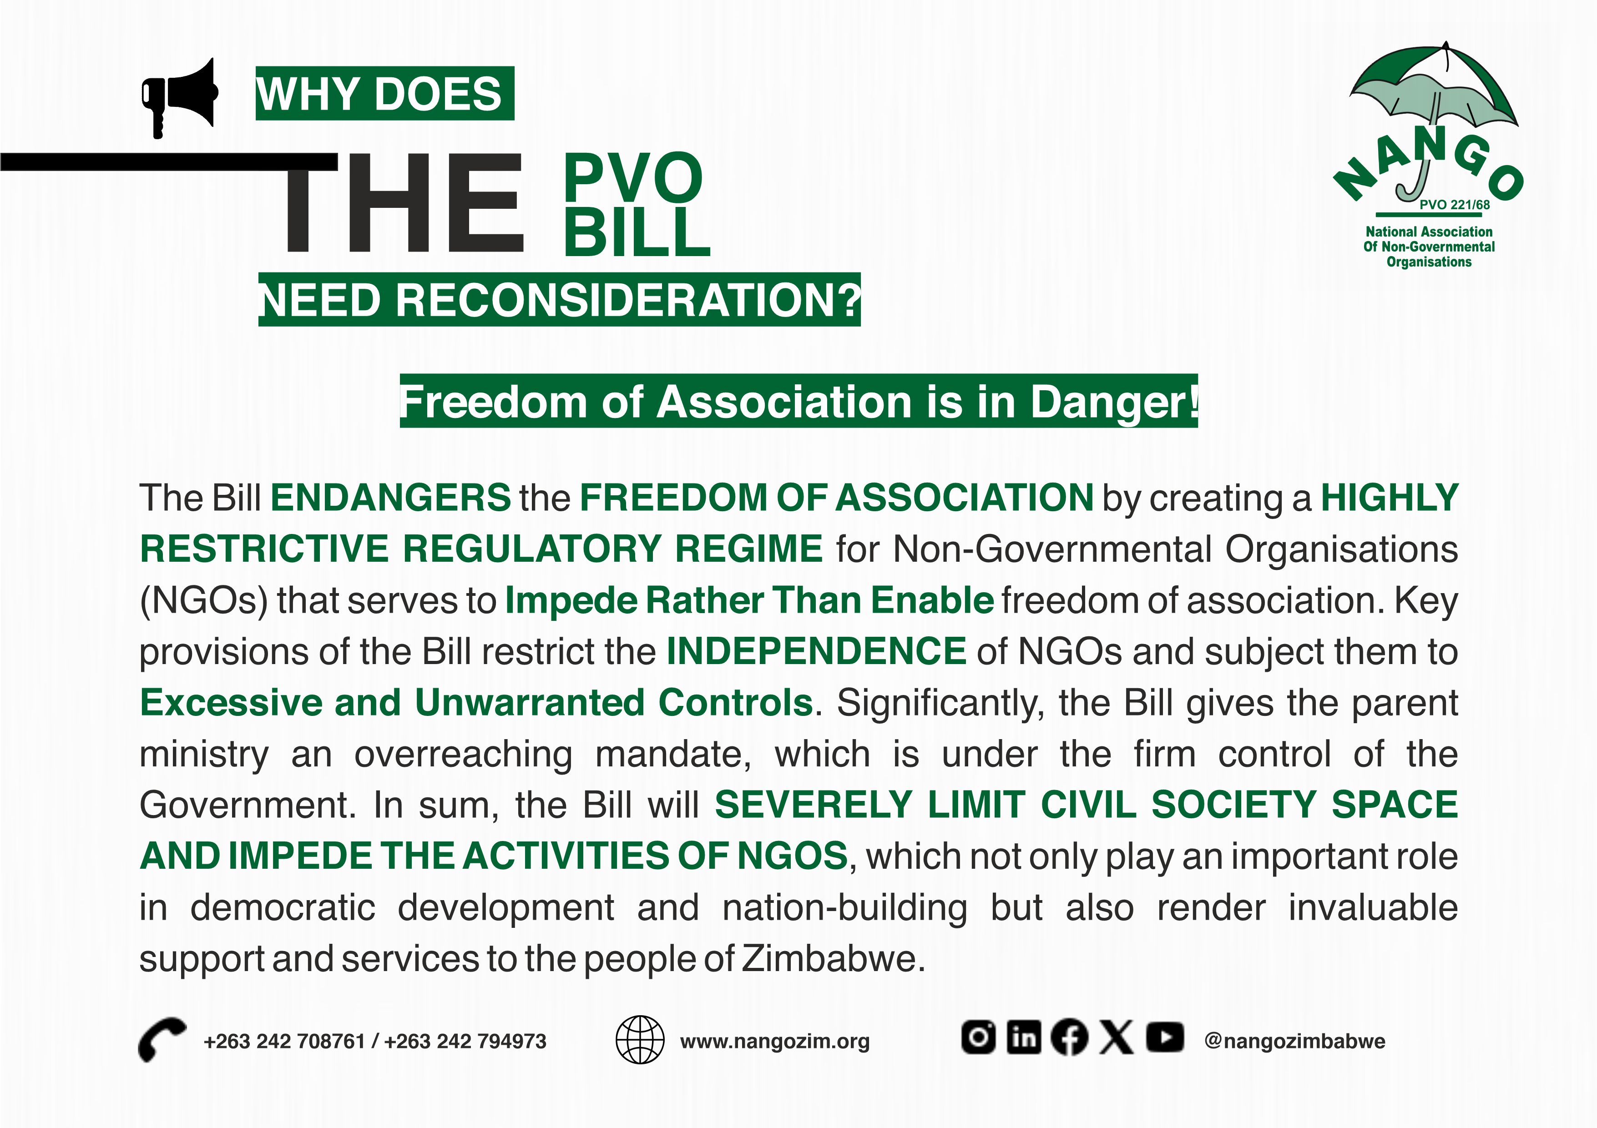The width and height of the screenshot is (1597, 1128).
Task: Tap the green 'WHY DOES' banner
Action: tap(384, 93)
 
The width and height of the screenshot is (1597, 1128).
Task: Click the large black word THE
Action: tap(402, 203)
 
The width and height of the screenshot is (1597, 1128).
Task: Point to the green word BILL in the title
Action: tap(637, 232)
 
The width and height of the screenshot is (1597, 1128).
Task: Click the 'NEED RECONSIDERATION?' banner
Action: tap(559, 300)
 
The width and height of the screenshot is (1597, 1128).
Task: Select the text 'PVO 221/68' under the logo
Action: tap(1455, 205)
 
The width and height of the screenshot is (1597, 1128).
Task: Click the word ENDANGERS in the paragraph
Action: tap(391, 498)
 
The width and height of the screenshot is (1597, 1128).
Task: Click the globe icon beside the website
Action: tap(640, 1040)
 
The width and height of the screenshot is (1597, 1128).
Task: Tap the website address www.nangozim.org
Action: tap(775, 1041)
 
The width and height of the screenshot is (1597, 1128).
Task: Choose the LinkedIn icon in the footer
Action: tap(1024, 1037)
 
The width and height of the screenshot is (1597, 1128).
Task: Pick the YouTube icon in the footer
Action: tap(1165, 1037)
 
